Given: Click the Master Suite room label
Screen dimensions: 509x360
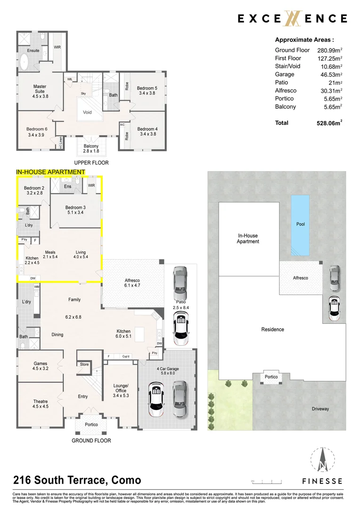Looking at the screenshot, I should click(40, 90).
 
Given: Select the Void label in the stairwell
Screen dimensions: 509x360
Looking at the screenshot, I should click(87, 112).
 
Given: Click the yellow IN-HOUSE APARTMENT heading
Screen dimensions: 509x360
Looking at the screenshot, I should click(50, 172).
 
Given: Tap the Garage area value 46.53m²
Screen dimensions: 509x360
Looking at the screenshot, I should click(329, 74).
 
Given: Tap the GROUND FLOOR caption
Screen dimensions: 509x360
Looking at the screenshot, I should click(91, 441).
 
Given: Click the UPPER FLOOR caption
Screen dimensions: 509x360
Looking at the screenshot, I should click(91, 163).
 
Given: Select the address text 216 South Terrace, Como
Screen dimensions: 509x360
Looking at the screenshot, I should click(77, 480).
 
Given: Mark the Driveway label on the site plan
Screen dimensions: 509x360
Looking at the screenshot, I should click(320, 409).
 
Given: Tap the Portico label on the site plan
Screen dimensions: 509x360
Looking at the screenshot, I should click(271, 377).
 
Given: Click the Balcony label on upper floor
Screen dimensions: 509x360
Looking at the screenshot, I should click(91, 148).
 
